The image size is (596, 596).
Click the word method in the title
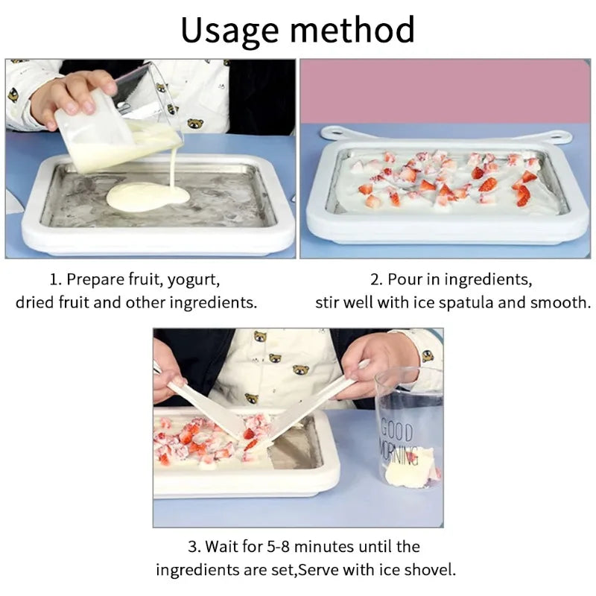tap(352, 31)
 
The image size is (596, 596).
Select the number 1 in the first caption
tap(54, 280)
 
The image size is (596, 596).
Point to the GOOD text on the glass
tap(397, 430)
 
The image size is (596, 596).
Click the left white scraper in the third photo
tap(204, 406)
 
